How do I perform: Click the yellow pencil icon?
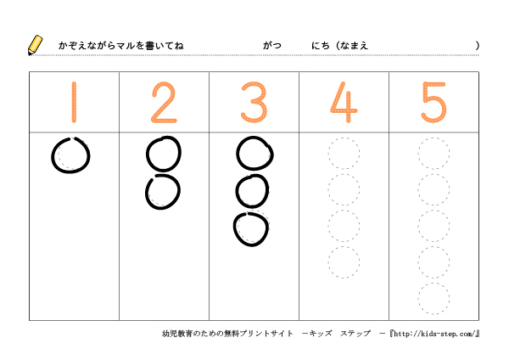[x=35, y=45]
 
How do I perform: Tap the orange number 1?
[x=74, y=103]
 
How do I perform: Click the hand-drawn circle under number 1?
[x=52, y=156]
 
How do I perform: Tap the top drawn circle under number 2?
[x=148, y=154]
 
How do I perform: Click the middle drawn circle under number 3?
[x=237, y=191]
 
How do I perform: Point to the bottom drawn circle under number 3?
[x=234, y=229]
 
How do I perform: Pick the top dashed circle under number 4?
[x=328, y=153]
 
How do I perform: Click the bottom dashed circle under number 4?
[x=328, y=262]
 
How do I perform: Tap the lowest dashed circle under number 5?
[x=418, y=298]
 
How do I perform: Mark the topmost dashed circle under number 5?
[x=418, y=153]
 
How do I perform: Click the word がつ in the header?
[x=272, y=46]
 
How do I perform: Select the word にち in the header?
[x=321, y=46]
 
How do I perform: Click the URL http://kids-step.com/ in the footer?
[x=434, y=334]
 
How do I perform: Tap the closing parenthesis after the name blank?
[x=477, y=46]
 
